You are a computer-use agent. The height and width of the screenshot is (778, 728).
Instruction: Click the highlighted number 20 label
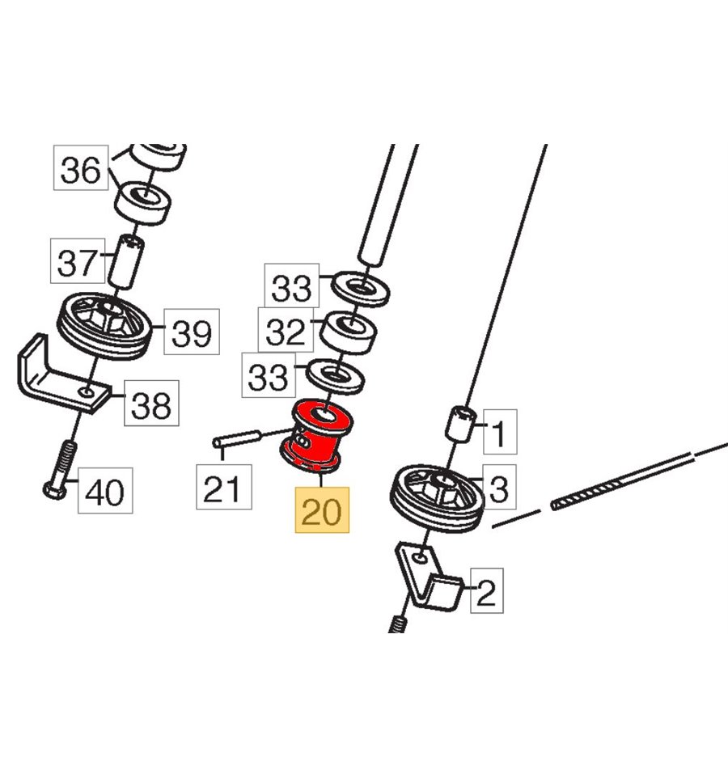coord(322,510)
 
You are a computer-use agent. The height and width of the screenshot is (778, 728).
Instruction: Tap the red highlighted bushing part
coord(316,436)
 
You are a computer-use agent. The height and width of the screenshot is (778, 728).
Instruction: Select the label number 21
coord(224,487)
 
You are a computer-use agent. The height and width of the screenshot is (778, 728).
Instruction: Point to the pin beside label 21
coord(237,439)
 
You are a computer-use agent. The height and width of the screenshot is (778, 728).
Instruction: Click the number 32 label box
coord(286,330)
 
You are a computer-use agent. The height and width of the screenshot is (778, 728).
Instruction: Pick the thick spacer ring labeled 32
coord(348,332)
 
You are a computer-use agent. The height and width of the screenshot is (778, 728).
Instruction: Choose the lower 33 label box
coord(269,375)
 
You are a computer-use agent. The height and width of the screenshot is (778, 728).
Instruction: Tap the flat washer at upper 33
coord(360,288)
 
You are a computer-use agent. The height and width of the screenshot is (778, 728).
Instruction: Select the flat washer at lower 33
coord(336,377)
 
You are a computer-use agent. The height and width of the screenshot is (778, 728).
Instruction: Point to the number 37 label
coord(78,260)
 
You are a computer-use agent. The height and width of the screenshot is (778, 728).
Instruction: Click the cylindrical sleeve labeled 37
coord(126,261)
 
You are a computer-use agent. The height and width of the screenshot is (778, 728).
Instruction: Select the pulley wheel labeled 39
coord(104,326)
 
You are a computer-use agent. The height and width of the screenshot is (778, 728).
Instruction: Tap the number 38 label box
coord(151,403)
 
